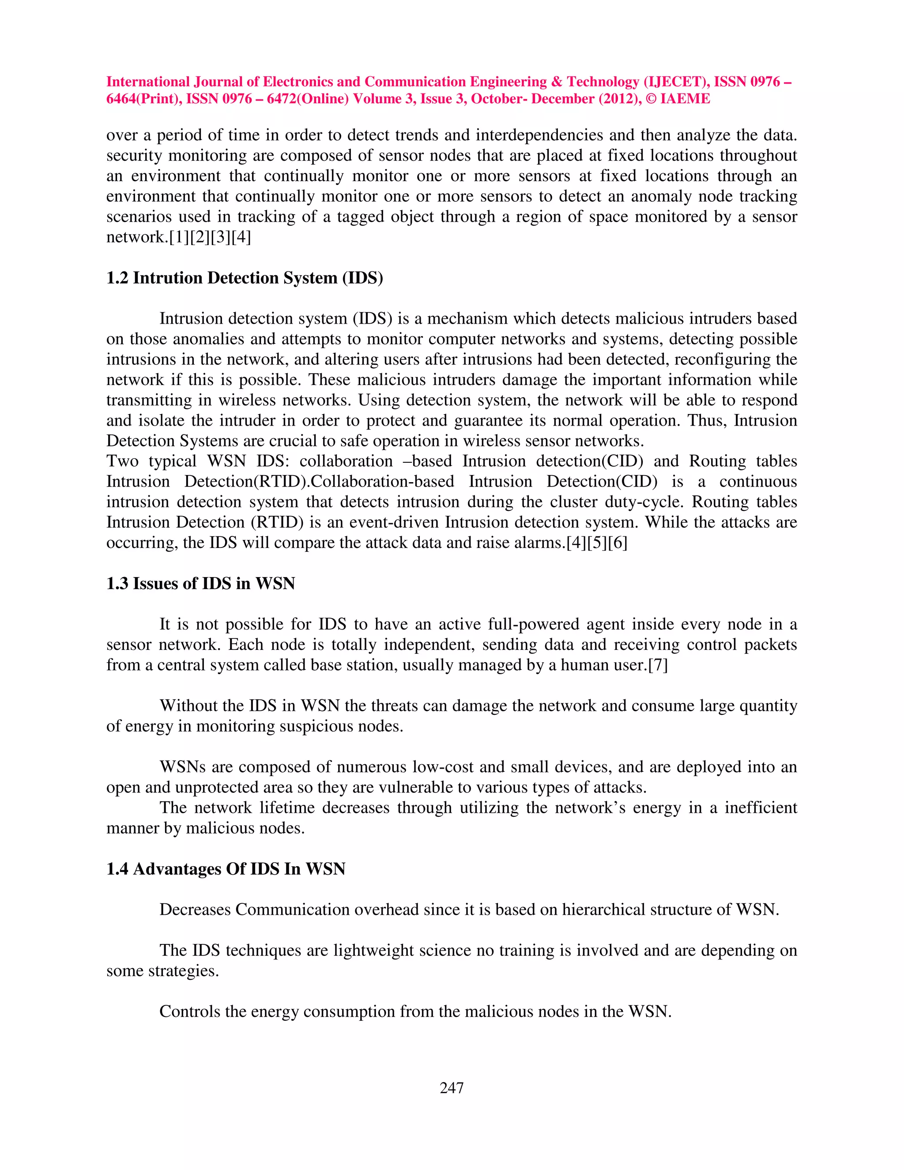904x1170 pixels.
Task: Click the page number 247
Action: (x=452, y=1087)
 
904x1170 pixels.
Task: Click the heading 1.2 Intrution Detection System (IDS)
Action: (x=244, y=278)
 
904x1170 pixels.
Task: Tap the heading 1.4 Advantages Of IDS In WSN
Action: (x=226, y=868)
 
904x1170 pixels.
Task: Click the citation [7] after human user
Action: (x=658, y=665)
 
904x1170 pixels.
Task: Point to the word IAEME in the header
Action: (x=685, y=98)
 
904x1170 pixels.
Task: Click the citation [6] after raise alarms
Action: (x=618, y=543)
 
